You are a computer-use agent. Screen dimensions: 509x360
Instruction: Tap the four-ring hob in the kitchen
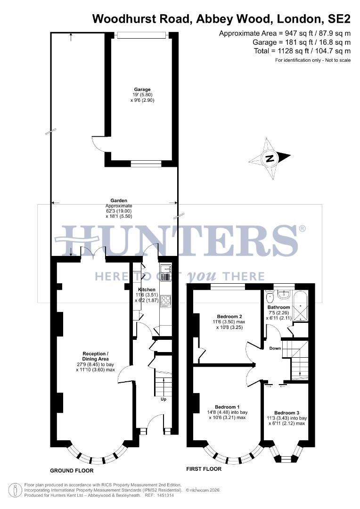pyautogui.click(x=165, y=301)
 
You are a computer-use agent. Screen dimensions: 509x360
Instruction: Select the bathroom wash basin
pyautogui.click(x=284, y=295)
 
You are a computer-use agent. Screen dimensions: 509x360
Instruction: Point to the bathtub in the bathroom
pyautogui.click(x=300, y=307)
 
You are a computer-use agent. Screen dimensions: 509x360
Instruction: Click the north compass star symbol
pyautogui.click(x=270, y=158)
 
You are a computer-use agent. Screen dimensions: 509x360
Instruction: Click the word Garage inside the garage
pyautogui.click(x=142, y=90)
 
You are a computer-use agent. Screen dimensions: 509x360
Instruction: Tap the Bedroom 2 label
pyautogui.click(x=229, y=316)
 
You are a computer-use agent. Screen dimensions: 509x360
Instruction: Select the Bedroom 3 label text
pyautogui.click(x=287, y=412)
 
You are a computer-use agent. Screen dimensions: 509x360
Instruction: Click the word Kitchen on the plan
pyautogui.click(x=147, y=289)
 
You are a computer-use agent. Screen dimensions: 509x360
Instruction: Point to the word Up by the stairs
pyautogui.click(x=164, y=399)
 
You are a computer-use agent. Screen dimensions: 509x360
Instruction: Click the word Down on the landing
pyautogui.click(x=275, y=349)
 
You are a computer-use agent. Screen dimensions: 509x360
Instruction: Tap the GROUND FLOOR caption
pyautogui.click(x=72, y=470)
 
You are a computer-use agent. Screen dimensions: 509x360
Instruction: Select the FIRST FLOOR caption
pyautogui.click(x=204, y=469)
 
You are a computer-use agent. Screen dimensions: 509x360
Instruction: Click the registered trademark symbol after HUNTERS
pyautogui.click(x=302, y=229)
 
